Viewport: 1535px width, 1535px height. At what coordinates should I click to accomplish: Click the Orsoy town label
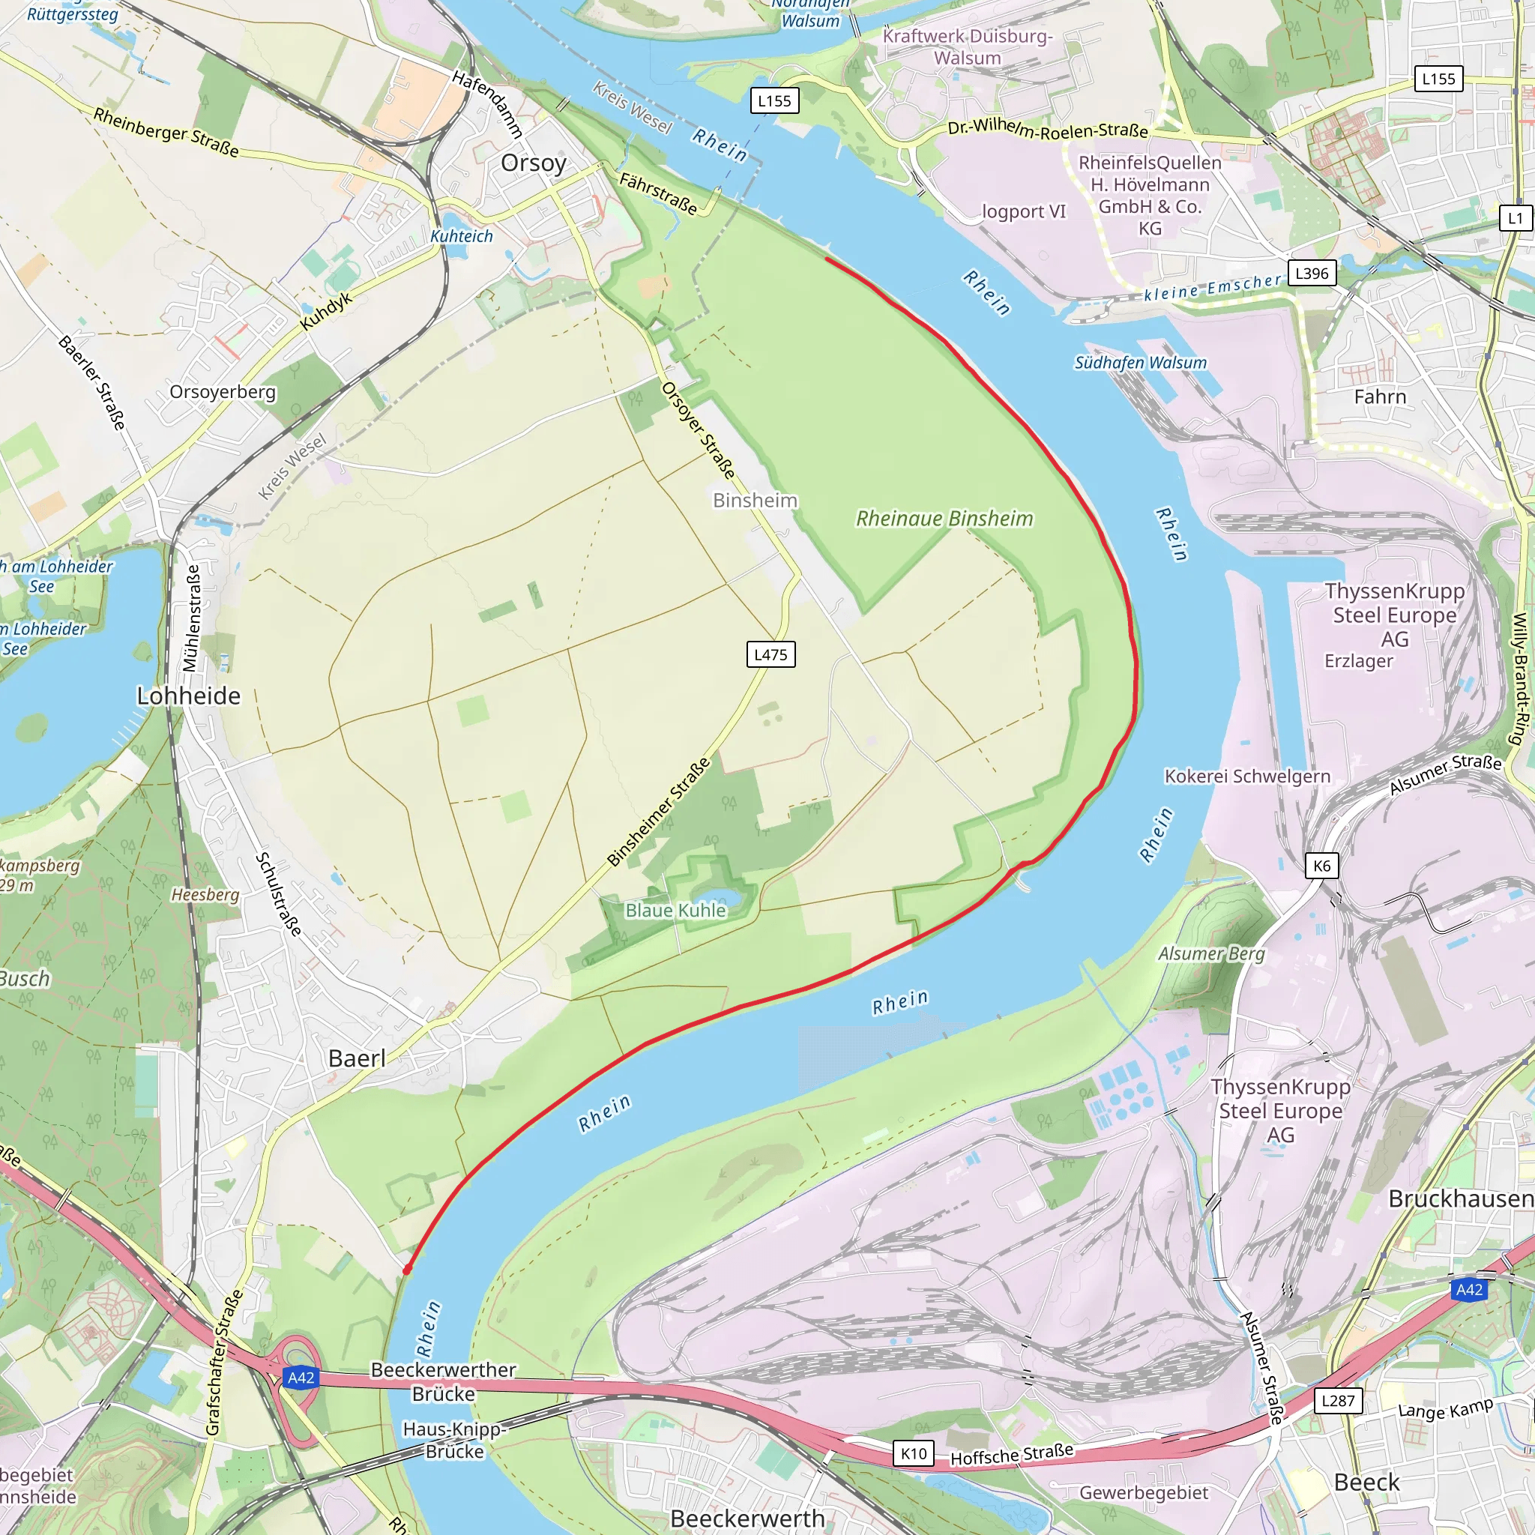533,163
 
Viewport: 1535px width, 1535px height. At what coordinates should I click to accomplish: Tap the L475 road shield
770,654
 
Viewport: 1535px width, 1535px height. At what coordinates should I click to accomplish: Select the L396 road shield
1311,274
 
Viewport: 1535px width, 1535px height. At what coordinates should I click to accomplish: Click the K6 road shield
1321,865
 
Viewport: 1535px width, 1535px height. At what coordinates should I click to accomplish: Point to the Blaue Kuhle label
675,911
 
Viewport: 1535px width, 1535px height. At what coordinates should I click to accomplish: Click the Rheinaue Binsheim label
944,519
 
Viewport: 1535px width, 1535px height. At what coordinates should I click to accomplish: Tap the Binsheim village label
755,500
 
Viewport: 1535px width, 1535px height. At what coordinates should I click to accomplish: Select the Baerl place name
357,1058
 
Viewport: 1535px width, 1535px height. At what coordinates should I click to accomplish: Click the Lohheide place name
188,696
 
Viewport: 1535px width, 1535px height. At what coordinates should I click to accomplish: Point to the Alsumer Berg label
1211,953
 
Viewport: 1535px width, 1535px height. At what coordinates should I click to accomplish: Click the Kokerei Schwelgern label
1246,776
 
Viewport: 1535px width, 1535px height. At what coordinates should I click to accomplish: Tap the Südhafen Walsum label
1140,363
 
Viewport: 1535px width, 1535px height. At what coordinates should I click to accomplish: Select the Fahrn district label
1380,396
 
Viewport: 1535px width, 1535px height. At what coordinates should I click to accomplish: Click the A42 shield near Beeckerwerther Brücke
301,1378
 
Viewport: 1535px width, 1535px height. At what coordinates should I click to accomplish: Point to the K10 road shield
913,1454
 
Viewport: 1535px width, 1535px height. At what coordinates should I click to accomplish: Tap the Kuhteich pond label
461,236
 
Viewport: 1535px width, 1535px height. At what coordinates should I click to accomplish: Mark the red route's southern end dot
407,1270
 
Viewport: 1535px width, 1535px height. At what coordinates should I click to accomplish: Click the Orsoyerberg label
223,392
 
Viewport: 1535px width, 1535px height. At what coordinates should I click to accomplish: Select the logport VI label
1023,211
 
